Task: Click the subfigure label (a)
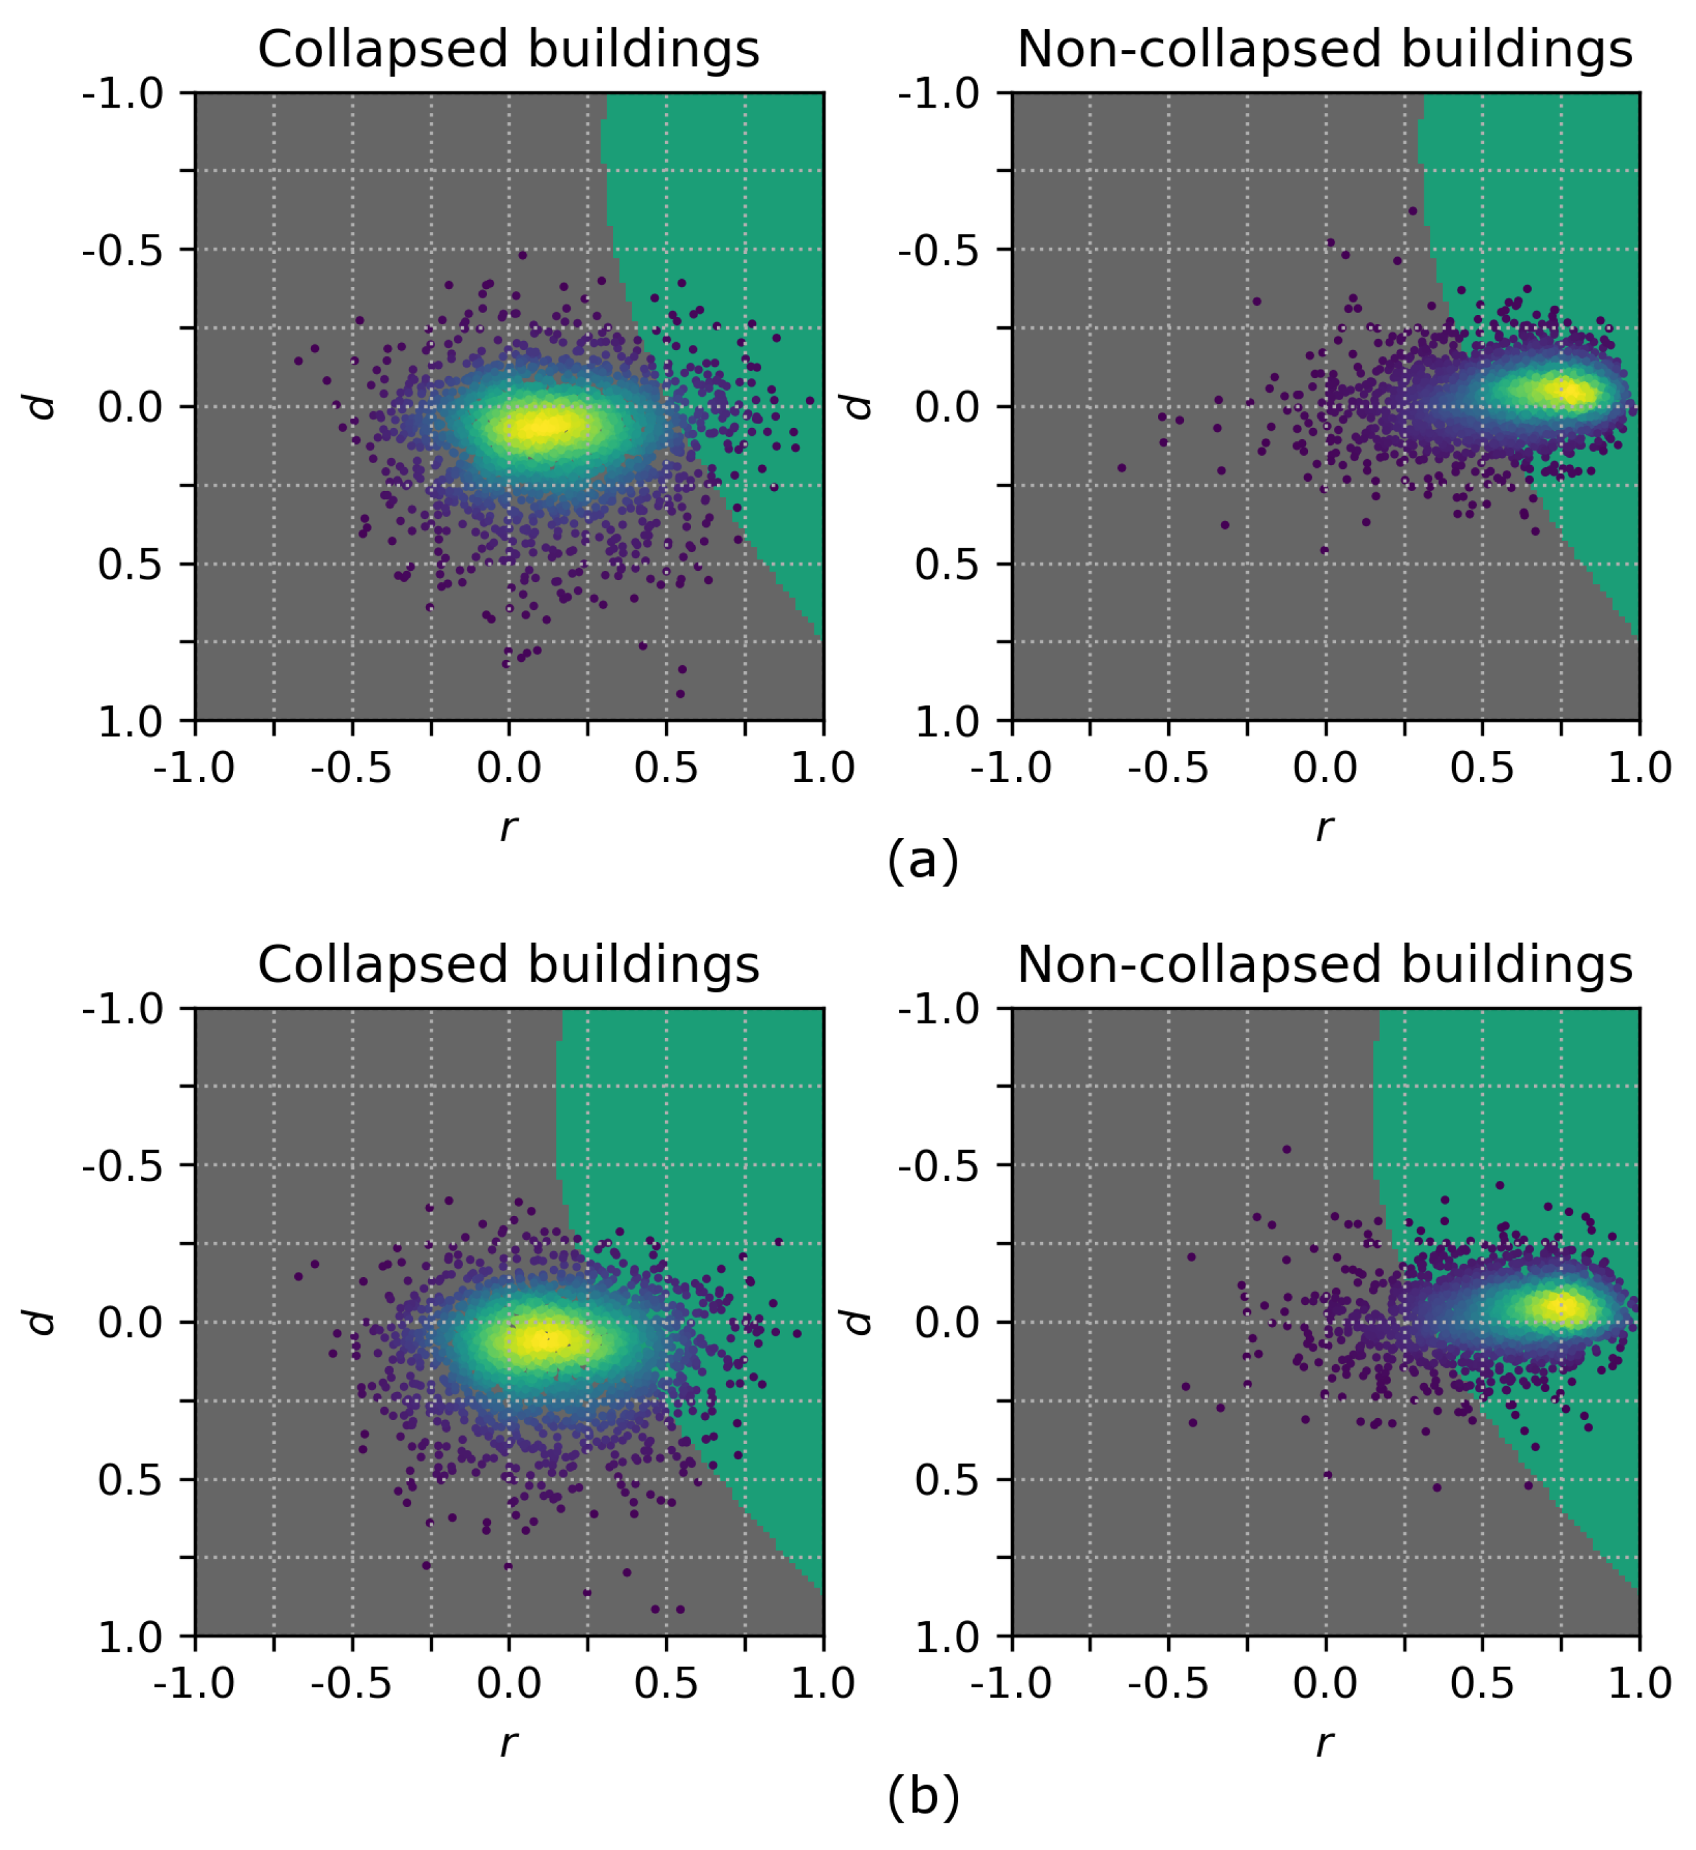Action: [922, 861]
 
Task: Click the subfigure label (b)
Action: [922, 1797]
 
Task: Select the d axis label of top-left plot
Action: [41, 407]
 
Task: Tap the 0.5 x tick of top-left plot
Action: [666, 768]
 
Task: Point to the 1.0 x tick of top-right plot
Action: [1639, 768]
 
